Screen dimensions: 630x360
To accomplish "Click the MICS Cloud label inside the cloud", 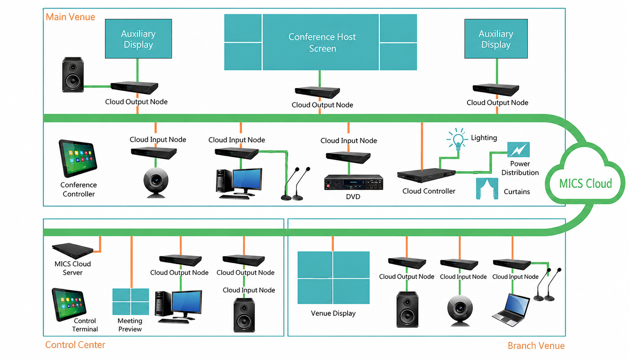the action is [x=585, y=184].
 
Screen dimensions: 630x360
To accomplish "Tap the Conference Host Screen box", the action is [x=321, y=42].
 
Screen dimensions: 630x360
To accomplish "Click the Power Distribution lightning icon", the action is [x=518, y=150].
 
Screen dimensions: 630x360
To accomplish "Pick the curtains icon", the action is [x=487, y=188].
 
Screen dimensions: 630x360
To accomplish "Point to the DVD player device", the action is [x=354, y=182].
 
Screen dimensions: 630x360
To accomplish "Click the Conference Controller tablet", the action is [x=77, y=158].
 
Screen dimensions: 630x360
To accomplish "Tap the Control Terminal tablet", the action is [x=69, y=304].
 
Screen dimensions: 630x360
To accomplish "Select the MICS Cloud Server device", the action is [x=73, y=251].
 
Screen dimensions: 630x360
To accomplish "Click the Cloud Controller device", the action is [x=426, y=175].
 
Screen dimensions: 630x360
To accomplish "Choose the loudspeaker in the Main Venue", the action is [x=73, y=74].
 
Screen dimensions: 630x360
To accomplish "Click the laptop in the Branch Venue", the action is [x=511, y=310].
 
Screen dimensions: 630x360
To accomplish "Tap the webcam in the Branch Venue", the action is [x=460, y=311].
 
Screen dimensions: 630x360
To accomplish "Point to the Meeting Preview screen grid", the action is [x=131, y=302].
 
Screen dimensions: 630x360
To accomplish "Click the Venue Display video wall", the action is [x=333, y=278].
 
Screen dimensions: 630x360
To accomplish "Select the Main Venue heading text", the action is [x=70, y=17].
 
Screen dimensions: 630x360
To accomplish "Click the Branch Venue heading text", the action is [x=536, y=346].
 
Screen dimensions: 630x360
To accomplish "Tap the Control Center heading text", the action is [x=75, y=345].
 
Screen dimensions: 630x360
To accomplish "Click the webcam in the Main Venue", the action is [x=156, y=183].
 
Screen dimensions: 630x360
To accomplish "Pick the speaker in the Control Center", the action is [x=244, y=315].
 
